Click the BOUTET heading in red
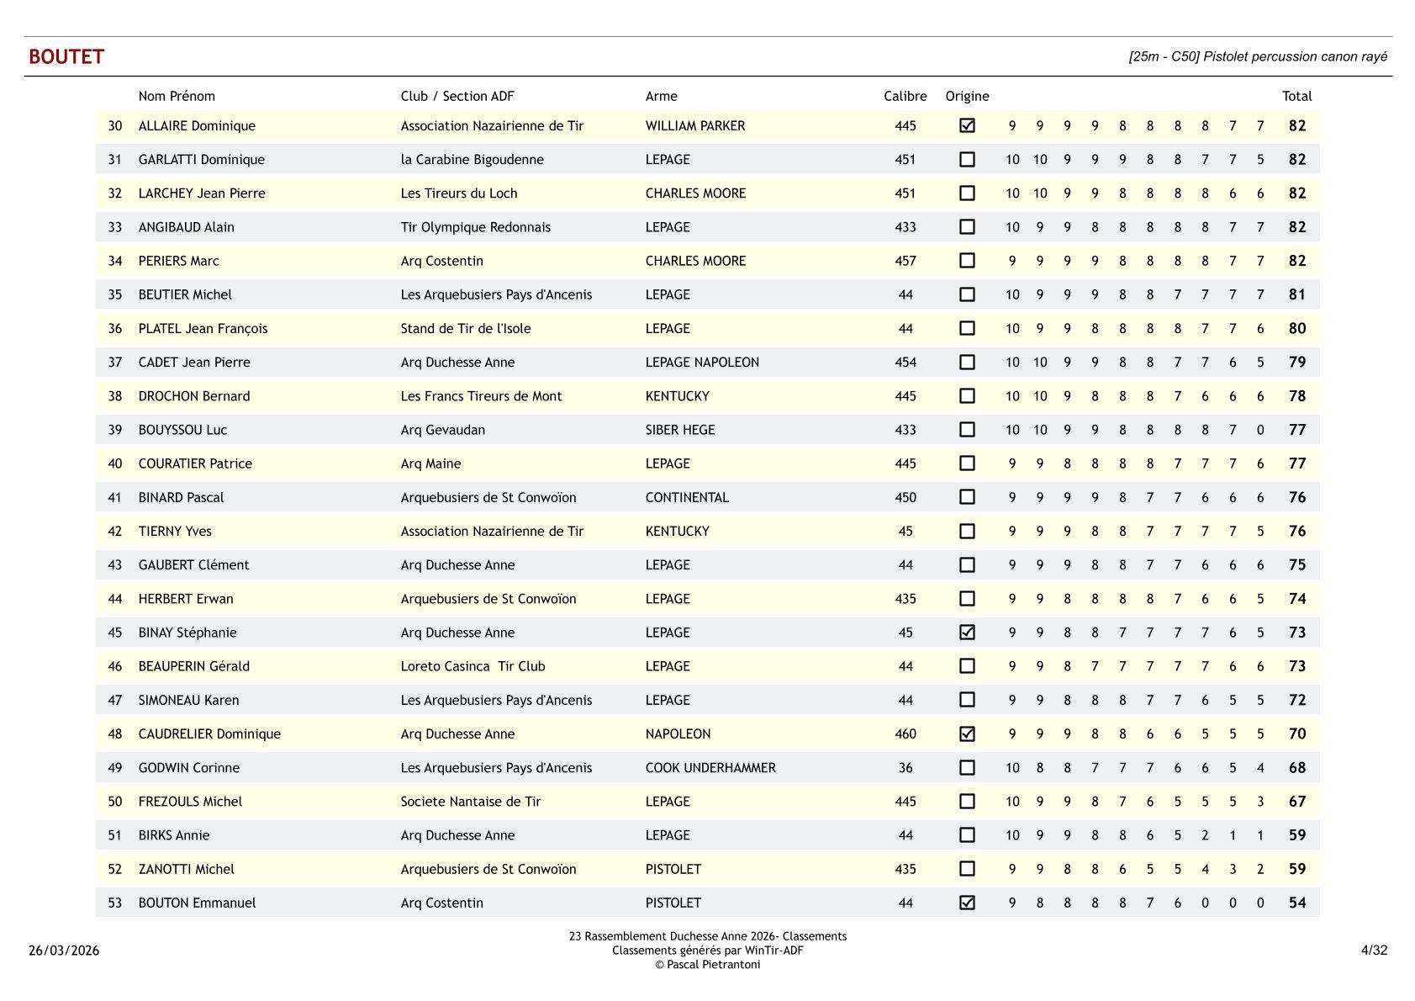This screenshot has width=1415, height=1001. (x=66, y=56)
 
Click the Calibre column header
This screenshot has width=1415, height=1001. (x=905, y=96)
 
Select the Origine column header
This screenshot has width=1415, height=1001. (x=967, y=96)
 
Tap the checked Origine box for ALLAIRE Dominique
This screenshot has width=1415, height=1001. (x=967, y=125)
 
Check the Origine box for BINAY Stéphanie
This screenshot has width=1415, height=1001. (x=967, y=633)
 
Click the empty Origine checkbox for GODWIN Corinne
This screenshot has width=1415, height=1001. (x=967, y=767)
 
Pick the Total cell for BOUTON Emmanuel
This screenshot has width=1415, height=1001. (x=1296, y=903)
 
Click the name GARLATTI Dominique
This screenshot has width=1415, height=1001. (x=201, y=160)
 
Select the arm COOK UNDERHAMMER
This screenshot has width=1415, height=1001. (x=710, y=768)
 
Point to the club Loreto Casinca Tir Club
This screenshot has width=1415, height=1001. (x=473, y=666)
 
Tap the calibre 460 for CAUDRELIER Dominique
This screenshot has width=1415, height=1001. (x=905, y=734)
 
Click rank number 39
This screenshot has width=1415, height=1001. (x=115, y=430)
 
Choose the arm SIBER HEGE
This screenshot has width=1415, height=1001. (x=680, y=430)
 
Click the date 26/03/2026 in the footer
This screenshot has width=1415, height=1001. (x=64, y=951)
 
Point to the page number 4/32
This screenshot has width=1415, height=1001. (x=1374, y=951)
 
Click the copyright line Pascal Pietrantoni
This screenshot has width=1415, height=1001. (x=707, y=965)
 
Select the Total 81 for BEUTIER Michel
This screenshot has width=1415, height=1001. (x=1296, y=294)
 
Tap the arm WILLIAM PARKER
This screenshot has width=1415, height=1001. (x=694, y=126)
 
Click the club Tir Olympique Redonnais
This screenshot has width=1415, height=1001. (x=475, y=227)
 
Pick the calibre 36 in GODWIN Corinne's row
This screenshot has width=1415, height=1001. (x=905, y=768)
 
